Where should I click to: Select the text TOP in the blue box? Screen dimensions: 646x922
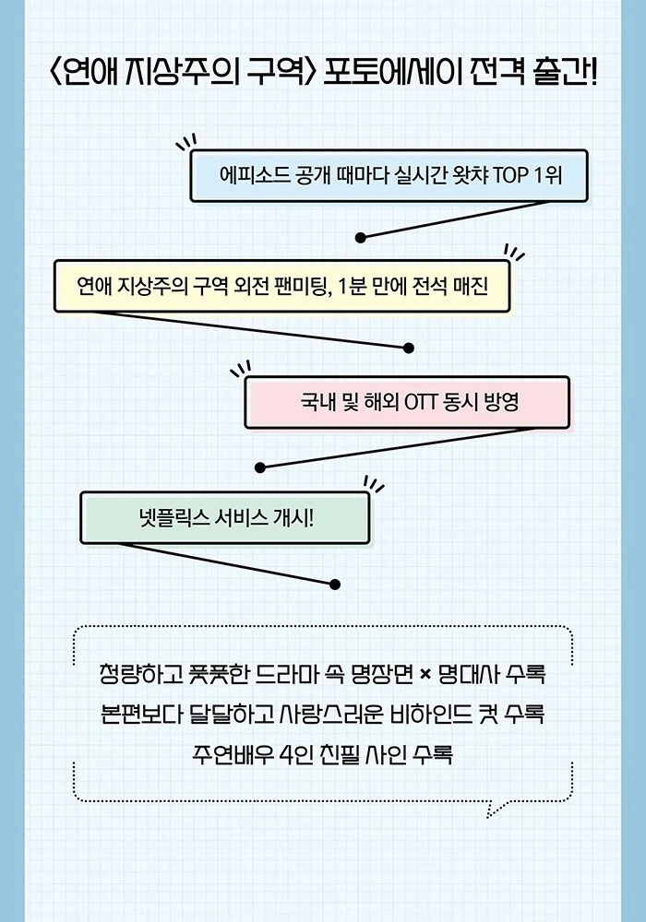510,175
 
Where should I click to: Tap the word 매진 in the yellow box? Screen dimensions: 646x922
471,287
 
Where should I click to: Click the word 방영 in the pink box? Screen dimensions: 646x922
501,403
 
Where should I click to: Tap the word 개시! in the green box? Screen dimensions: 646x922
293,518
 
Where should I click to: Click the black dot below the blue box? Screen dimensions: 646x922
361,238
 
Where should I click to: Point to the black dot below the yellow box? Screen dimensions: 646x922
409,349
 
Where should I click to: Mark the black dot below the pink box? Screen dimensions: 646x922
260,467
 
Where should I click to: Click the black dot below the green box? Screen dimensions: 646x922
335,585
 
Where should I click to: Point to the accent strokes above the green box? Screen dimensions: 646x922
374,484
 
